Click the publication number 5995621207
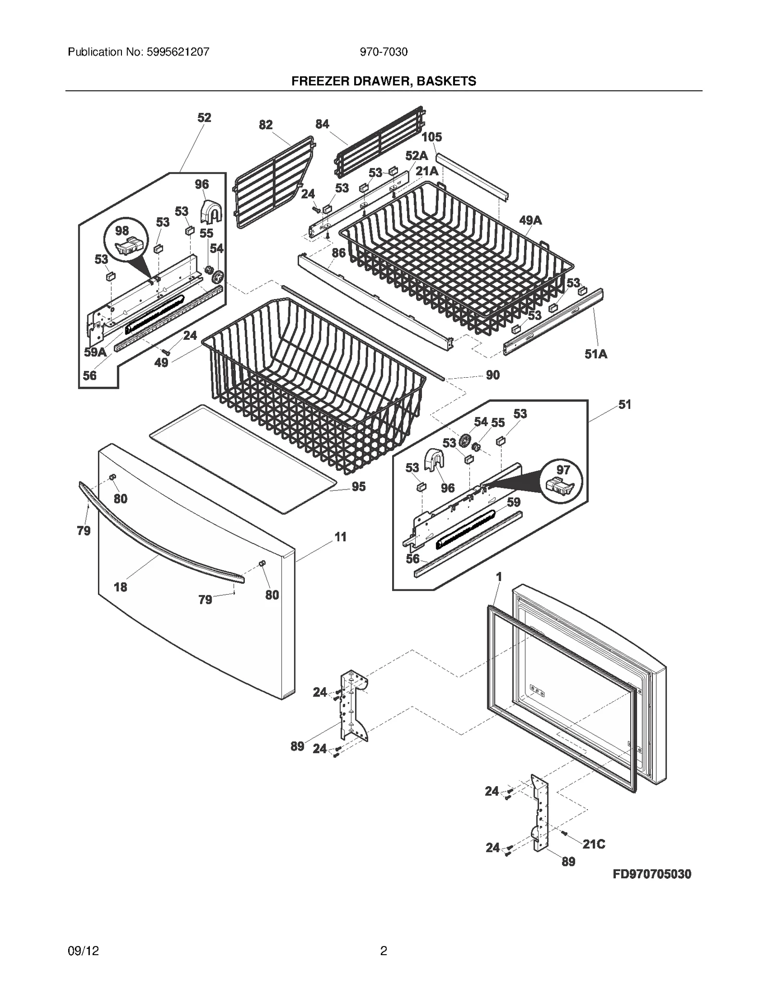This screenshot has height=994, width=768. pyautogui.click(x=176, y=52)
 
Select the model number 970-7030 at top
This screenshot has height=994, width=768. pyautogui.click(x=384, y=52)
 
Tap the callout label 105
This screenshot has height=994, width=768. pyautogui.click(x=432, y=137)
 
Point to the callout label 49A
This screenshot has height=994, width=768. pyautogui.click(x=530, y=220)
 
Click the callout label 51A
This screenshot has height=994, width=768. pyautogui.click(x=596, y=354)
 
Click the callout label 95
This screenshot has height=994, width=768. pyautogui.click(x=359, y=487)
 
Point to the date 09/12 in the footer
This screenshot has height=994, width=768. pyautogui.click(x=84, y=964)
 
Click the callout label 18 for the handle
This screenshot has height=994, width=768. pyautogui.click(x=120, y=587)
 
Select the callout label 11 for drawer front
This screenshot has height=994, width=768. pyautogui.click(x=340, y=537)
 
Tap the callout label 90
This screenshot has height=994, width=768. pyautogui.click(x=492, y=375)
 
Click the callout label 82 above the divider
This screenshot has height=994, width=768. pyautogui.click(x=265, y=125)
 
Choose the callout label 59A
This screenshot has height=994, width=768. pyautogui.click(x=95, y=352)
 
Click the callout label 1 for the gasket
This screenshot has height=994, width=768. pyautogui.click(x=499, y=576)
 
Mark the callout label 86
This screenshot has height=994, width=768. pyautogui.click(x=338, y=252)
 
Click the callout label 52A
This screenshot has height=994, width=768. pyautogui.click(x=416, y=156)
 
